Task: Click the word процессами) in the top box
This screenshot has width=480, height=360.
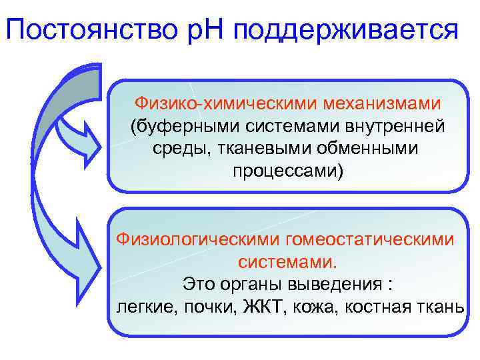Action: [x=288, y=171]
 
